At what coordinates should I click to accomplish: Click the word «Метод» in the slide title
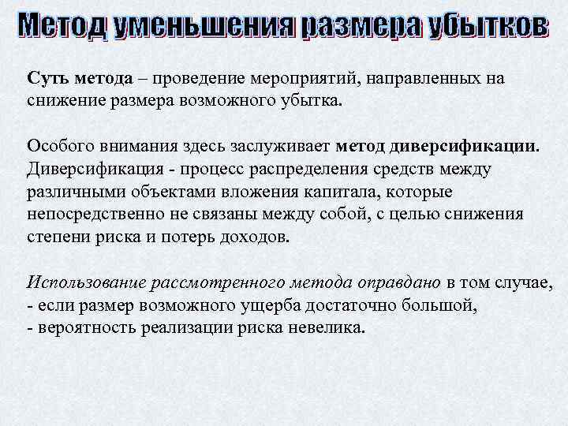pos(62,26)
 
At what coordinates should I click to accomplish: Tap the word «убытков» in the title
pos(486,26)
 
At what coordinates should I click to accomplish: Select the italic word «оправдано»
pos(398,282)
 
